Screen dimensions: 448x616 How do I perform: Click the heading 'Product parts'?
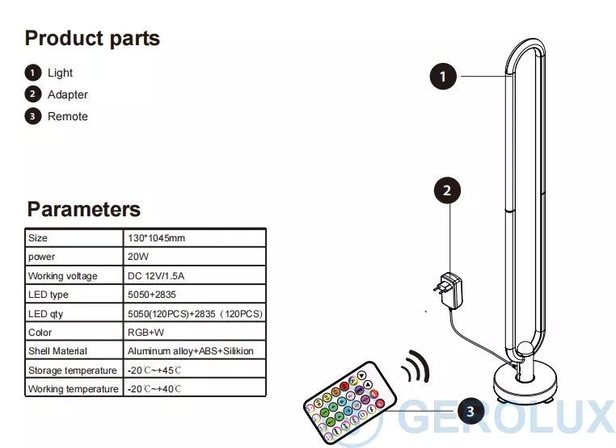(x=92, y=38)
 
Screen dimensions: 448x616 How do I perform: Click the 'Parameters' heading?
(x=83, y=209)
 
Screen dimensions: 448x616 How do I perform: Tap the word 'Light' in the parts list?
(x=60, y=73)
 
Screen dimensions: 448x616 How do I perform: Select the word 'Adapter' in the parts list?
(x=67, y=94)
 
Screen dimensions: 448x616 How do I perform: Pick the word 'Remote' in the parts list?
(x=67, y=116)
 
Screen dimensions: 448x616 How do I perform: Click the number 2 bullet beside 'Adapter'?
(x=32, y=94)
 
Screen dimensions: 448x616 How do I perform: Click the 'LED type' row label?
(x=49, y=295)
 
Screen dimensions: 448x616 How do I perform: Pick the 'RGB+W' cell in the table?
(x=146, y=333)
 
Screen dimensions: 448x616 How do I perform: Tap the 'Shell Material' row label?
(x=57, y=351)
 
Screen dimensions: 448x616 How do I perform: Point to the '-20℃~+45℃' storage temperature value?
(x=154, y=371)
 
